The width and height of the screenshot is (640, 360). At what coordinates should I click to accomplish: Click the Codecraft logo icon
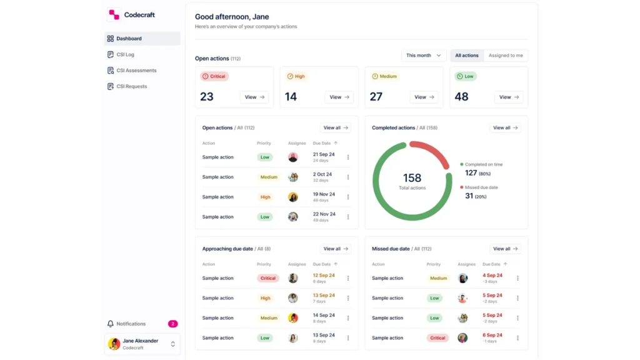[114, 15]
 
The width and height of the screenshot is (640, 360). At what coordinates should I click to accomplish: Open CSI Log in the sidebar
[125, 54]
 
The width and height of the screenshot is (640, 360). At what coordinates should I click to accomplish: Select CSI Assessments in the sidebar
[136, 70]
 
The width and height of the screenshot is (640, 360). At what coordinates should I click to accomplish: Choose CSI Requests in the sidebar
[131, 86]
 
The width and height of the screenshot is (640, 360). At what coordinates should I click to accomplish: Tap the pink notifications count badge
[172, 324]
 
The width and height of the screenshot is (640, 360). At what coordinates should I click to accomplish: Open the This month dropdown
[424, 56]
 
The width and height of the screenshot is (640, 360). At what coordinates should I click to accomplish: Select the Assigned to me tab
[506, 56]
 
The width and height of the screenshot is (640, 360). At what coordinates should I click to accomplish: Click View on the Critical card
[254, 97]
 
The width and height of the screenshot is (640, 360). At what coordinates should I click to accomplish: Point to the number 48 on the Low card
[462, 97]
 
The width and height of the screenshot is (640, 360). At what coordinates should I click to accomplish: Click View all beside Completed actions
[505, 127]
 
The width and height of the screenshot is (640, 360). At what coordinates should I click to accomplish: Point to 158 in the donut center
[412, 178]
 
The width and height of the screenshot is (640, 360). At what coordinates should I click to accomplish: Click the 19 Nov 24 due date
[324, 194]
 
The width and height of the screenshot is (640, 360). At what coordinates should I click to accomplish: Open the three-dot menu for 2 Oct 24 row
[348, 177]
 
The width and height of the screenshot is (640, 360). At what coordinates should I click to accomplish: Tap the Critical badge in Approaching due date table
[267, 278]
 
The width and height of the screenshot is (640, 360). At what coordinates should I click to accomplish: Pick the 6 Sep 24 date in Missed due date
[492, 335]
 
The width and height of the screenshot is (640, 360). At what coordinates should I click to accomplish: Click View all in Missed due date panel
[505, 249]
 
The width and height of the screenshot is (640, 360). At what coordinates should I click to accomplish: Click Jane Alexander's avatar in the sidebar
[114, 344]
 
